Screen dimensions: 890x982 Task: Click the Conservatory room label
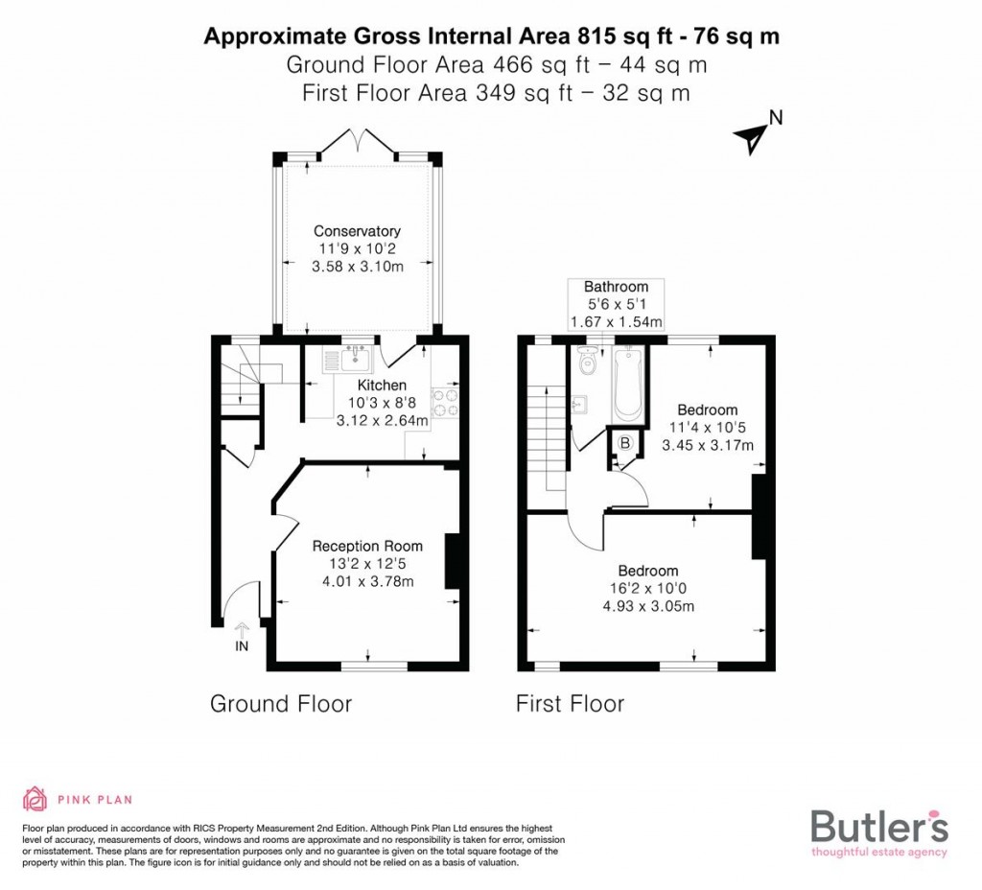point(357,231)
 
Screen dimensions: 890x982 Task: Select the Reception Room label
point(367,546)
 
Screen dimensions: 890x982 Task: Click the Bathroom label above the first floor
point(616,287)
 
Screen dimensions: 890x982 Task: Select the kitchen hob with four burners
point(445,402)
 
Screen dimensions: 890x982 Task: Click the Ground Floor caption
point(281,704)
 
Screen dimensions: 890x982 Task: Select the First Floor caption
point(570,704)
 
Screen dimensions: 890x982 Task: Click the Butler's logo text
point(879,826)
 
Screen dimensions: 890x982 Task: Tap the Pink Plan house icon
point(35,799)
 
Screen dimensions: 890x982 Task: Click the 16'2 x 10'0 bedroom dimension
point(647,589)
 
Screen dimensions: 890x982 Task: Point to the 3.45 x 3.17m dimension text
point(708,445)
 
